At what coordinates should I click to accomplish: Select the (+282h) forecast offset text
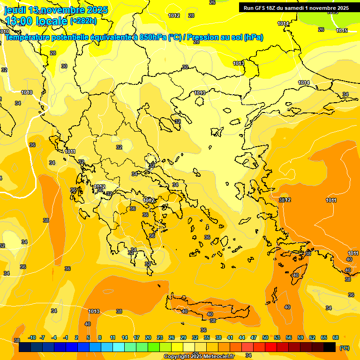(x=83, y=21)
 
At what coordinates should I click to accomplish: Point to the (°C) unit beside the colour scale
(x=344, y=348)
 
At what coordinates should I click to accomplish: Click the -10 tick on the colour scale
(x=32, y=337)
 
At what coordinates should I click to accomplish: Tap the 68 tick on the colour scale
(x=336, y=337)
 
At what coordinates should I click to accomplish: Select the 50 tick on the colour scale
(x=265, y=337)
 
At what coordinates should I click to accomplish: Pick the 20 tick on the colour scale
(x=148, y=337)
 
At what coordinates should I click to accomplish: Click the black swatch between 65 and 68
(x=330, y=347)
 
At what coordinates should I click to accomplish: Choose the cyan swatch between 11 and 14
(x=119, y=347)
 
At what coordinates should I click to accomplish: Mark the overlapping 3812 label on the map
(x=285, y=200)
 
